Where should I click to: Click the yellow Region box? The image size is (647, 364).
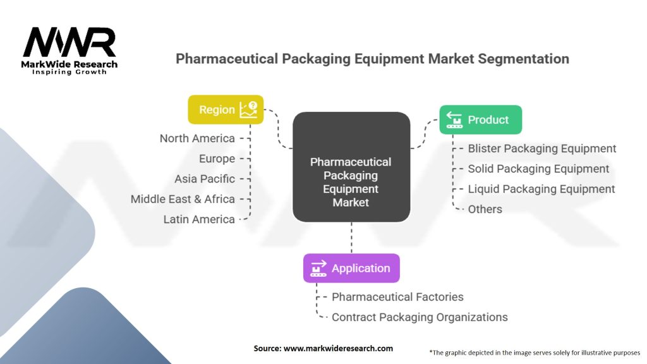coord(226,110)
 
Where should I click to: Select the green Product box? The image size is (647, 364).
coord(480,119)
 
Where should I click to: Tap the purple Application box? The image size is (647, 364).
coord(351,268)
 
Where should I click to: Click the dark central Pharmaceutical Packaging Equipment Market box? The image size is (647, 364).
coord(351,167)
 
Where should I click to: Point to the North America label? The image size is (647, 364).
coord(197,138)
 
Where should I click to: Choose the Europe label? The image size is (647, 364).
coord(217,159)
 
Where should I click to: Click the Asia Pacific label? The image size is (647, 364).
coord(205,179)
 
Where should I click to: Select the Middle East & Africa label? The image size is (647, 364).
coord(183,199)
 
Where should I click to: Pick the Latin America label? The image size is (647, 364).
coord(199,219)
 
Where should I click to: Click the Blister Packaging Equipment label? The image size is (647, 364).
coord(541,149)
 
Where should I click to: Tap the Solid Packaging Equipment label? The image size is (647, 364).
coord(538,169)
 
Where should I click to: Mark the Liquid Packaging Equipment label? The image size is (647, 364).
coord(541,189)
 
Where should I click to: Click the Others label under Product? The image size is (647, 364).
coord(485,209)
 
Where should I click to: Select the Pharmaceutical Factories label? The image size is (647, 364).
coord(398,297)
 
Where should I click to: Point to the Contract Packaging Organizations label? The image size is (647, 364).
coord(420,317)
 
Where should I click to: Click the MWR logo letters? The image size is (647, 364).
coord(70,42)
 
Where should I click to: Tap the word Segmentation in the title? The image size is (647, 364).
coord(524,59)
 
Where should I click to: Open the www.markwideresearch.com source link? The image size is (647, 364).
coord(339,348)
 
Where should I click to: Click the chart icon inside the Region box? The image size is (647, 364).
coord(248,110)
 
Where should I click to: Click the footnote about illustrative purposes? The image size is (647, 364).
coord(535,353)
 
